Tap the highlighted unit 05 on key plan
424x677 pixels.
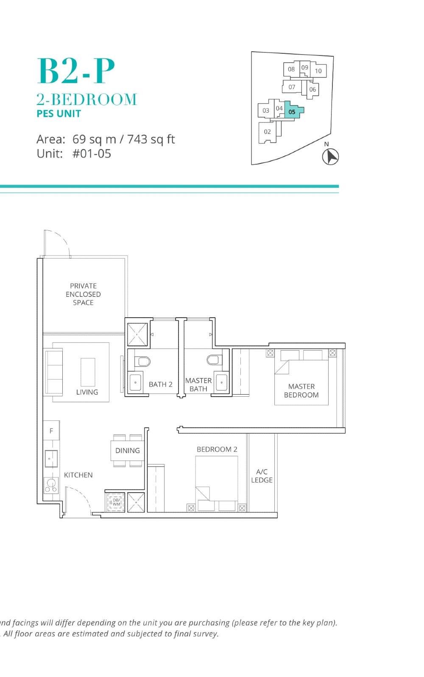tap(292, 111)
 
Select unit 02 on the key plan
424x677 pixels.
tap(267, 132)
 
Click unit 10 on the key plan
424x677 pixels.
tap(318, 71)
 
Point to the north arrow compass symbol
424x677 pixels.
tap(330, 157)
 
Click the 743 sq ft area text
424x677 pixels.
tap(151, 139)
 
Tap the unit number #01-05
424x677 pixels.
tap(92, 154)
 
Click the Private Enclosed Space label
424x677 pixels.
tap(83, 294)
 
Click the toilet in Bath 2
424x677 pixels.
tap(143, 361)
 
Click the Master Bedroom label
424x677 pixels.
tap(301, 390)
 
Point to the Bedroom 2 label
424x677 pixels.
tap(217, 449)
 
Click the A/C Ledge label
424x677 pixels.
tap(262, 476)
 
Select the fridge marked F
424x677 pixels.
tap(51, 431)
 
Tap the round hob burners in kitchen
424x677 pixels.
tap(51, 485)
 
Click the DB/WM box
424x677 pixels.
tap(116, 502)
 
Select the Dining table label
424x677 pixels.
tap(127, 450)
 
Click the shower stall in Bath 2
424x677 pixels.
tap(137, 334)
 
